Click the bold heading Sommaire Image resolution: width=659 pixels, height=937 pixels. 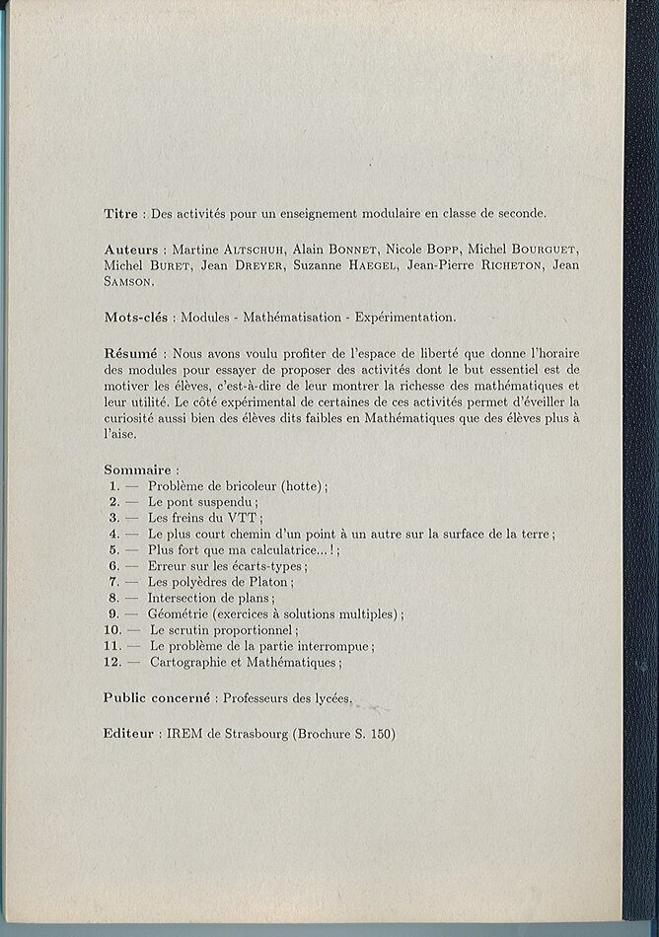139,469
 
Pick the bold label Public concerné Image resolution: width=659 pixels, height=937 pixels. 157,698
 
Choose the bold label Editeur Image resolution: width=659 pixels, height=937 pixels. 129,734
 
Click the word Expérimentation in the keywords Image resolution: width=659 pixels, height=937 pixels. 404,318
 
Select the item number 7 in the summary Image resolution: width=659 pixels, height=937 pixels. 113,582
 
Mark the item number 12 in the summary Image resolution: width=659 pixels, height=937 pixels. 111,663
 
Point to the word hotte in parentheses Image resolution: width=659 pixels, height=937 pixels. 303,486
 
